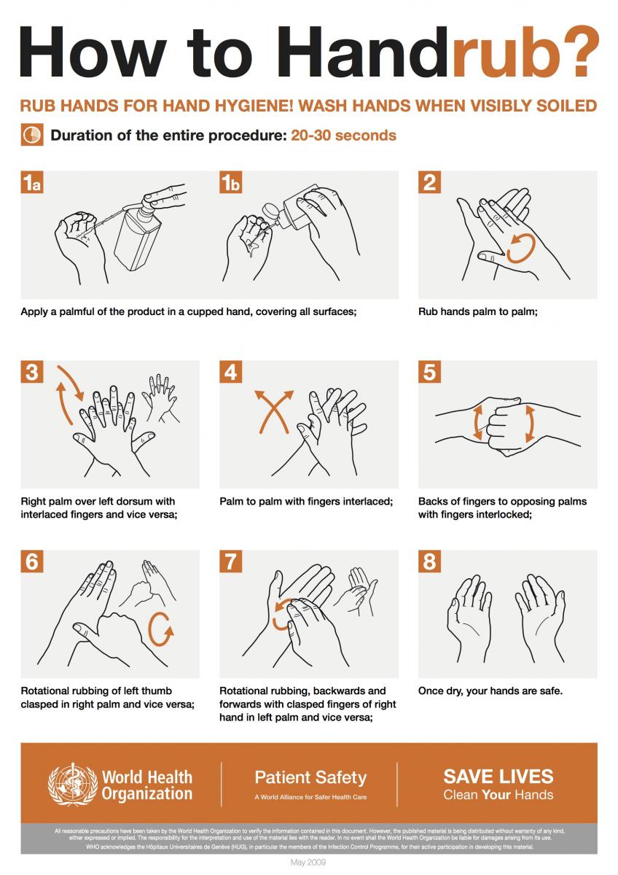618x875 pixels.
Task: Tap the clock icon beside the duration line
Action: pyautogui.click(x=31, y=136)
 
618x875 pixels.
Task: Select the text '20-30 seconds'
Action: pyautogui.click(x=343, y=136)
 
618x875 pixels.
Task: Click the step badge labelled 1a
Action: pyautogui.click(x=32, y=182)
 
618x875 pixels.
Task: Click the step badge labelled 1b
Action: pyautogui.click(x=231, y=182)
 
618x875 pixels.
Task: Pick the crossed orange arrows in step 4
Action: pyautogui.click(x=273, y=412)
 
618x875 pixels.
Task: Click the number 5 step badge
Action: pyautogui.click(x=429, y=372)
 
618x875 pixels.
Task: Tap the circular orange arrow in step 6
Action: pyautogui.click(x=162, y=629)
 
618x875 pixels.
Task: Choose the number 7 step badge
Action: pyautogui.click(x=231, y=561)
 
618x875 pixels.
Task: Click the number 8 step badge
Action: pyautogui.click(x=429, y=561)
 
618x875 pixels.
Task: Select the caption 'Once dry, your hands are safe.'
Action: pyautogui.click(x=490, y=691)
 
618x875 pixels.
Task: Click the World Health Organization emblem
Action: pyautogui.click(x=72, y=784)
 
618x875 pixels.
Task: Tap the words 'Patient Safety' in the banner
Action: pyautogui.click(x=310, y=777)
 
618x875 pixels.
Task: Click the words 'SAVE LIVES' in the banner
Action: pyautogui.click(x=498, y=776)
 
